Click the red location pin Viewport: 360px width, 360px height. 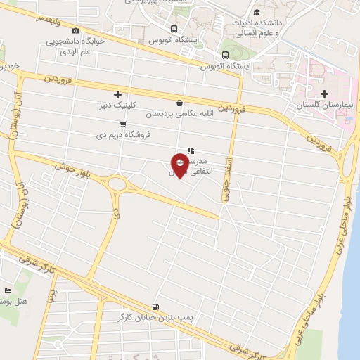point(180,162)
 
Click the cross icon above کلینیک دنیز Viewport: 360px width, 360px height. point(117,95)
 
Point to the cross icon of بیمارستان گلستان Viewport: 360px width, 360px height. point(324,94)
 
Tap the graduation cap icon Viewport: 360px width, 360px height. point(257,12)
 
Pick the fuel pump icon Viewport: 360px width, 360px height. point(155,307)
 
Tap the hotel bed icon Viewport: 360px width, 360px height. point(8,290)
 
